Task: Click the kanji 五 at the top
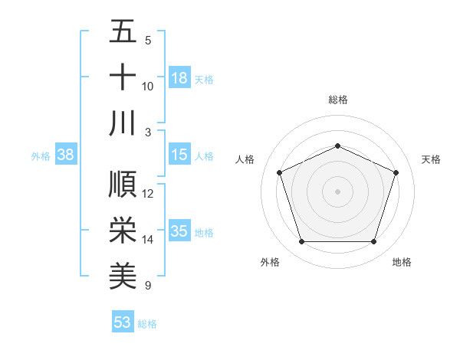tap(123, 31)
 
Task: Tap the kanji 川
tap(123, 123)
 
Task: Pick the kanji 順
tap(123, 185)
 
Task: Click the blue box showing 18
tap(179, 78)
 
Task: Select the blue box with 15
tap(179, 155)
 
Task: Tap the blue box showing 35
tap(179, 231)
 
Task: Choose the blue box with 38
tap(66, 155)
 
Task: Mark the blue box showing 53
tap(123, 322)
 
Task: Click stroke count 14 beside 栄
tap(148, 240)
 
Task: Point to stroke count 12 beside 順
tap(148, 194)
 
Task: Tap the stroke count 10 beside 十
tap(148, 87)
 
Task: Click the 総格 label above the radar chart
tap(337, 100)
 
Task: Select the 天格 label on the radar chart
tap(431, 159)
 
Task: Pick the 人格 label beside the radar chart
tap(245, 159)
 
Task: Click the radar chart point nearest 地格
tap(373, 242)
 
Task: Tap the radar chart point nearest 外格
tap(301, 242)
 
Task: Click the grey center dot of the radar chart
tap(337, 191)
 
